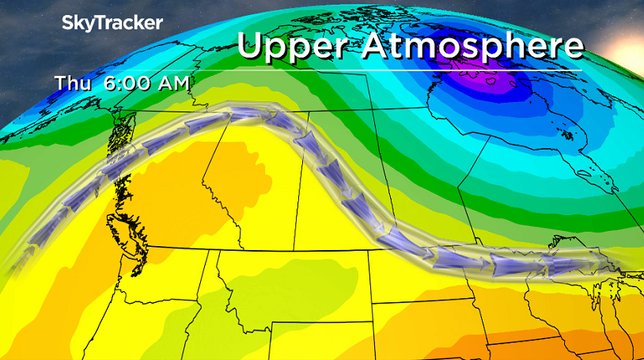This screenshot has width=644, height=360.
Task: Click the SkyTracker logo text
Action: click(x=112, y=23)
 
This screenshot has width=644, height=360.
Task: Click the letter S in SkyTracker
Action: click(x=68, y=23)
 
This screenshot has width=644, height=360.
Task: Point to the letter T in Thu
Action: click(x=62, y=82)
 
